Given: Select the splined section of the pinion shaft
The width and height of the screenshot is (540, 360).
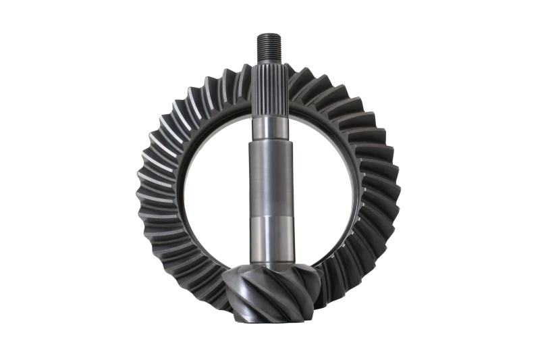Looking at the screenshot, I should click(270, 88).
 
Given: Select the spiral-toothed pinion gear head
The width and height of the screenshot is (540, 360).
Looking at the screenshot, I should click(270, 290).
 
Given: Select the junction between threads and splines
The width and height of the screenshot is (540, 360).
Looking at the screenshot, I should click(270, 59).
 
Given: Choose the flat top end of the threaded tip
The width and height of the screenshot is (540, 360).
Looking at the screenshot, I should click(270, 34).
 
